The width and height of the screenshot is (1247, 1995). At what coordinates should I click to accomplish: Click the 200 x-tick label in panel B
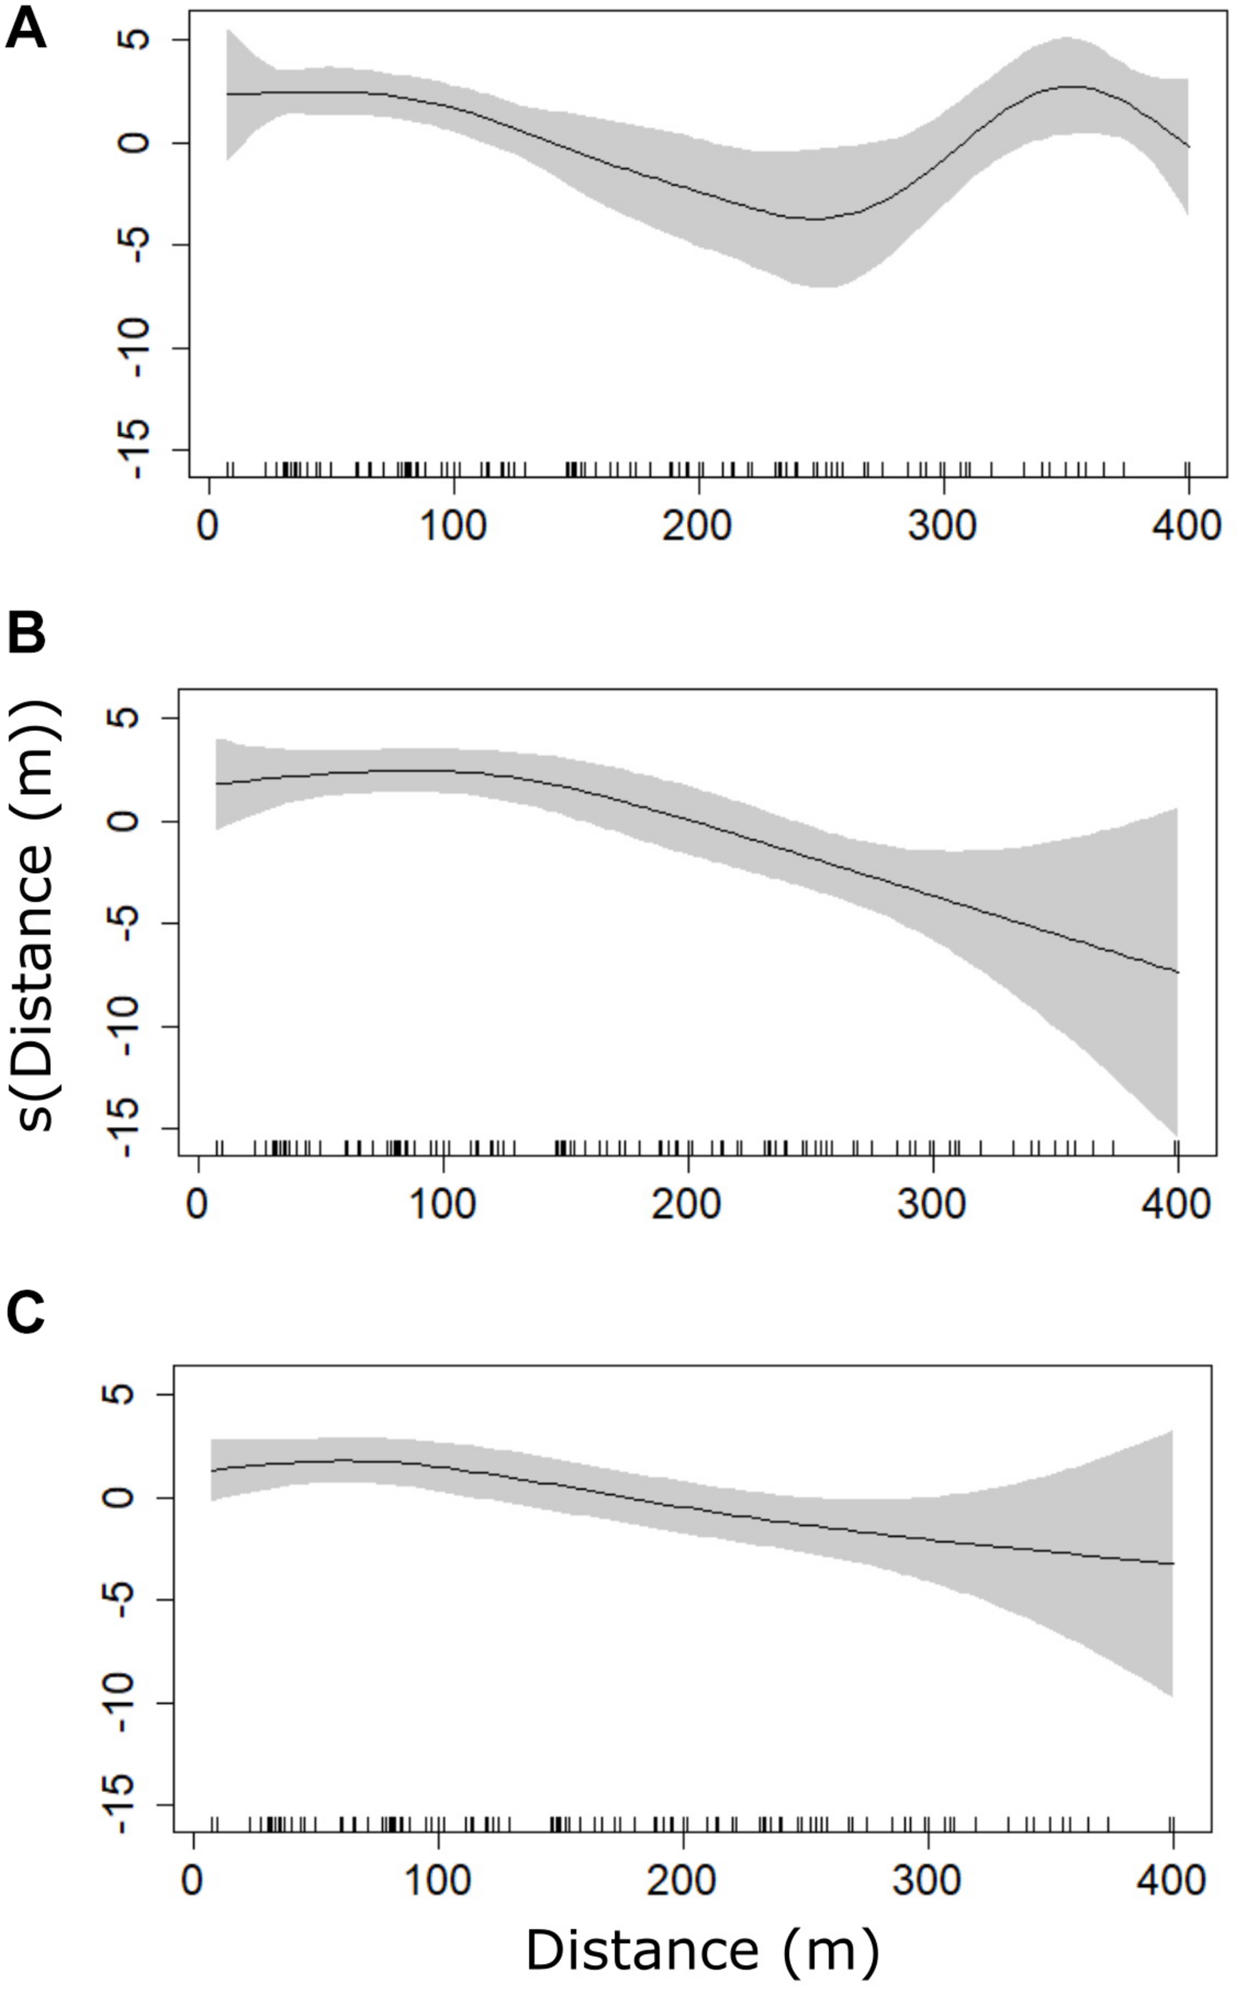(x=687, y=1204)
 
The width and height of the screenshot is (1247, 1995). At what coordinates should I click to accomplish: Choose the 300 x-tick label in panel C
(x=928, y=1881)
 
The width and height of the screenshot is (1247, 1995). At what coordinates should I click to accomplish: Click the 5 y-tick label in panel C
(x=120, y=1395)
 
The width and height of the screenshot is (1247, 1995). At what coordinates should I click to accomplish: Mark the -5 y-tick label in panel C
(x=120, y=1599)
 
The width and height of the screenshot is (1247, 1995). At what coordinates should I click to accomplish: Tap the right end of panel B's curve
(x=1178, y=972)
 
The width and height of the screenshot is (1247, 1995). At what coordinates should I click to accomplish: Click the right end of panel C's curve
(x=1173, y=1563)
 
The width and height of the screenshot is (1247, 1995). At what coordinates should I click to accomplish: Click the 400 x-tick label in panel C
(x=1172, y=1881)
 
